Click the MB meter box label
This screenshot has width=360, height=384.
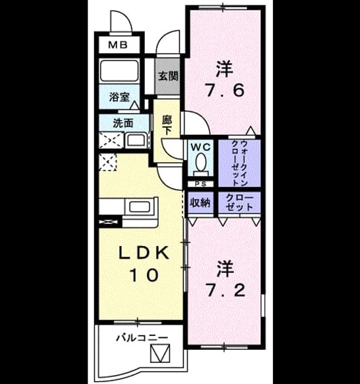pos(118,45)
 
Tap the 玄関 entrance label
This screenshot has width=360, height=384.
pos(168,76)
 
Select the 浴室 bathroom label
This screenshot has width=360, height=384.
pos(119,97)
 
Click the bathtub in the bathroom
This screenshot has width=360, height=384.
pos(119,71)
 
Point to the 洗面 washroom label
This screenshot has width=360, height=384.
pos(123,123)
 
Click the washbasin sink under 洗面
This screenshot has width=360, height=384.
pos(136,140)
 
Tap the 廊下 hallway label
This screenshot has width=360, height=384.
pos(167,125)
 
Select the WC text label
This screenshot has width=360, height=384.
pos(200,147)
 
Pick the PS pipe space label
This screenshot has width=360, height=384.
pos(201,184)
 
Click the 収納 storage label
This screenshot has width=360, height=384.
pos(200,203)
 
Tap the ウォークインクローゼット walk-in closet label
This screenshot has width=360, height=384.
pos(239,163)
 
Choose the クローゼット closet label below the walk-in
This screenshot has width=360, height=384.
pos(239,203)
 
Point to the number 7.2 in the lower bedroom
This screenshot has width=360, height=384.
pos(226,290)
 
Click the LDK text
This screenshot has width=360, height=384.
pos(144,253)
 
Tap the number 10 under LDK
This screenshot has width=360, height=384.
pos(144,275)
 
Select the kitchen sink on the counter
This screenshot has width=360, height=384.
pos(140,207)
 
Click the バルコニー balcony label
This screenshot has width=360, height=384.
pos(142,338)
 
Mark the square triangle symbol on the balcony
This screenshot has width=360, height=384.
pos(160,353)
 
